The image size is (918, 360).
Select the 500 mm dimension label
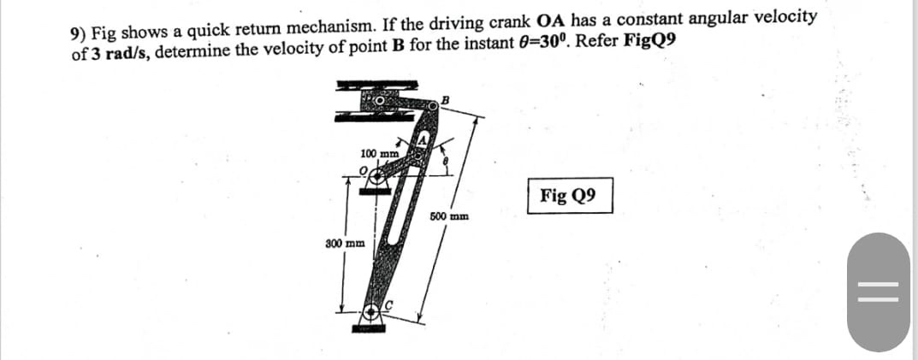pyautogui.click(x=448, y=217)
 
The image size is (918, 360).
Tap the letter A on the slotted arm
pyautogui.click(x=423, y=139)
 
